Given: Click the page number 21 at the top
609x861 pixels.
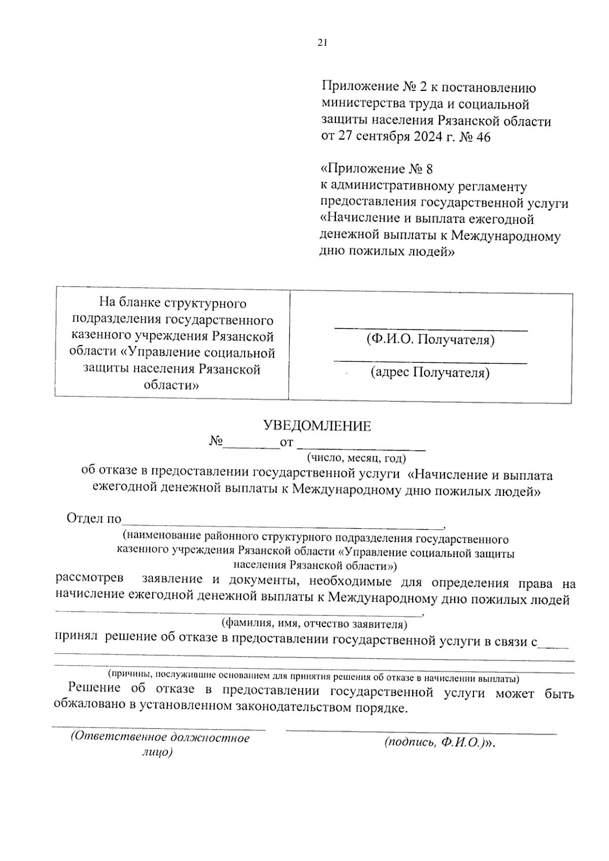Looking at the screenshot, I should click(321, 43).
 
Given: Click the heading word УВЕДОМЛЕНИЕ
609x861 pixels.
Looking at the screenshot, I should click(317, 426).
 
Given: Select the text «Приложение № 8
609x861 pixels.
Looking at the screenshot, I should click(377, 169).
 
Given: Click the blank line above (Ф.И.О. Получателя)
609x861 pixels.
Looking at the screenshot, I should click(430, 330).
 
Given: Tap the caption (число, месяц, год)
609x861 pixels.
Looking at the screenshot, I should click(356, 458).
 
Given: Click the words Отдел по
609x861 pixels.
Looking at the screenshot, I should click(94, 519).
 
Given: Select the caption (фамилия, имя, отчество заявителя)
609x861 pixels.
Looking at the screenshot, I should click(314, 623).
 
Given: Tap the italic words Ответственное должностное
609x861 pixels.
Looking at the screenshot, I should click(161, 738).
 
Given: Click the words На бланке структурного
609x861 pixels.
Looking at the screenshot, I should click(173, 303).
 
